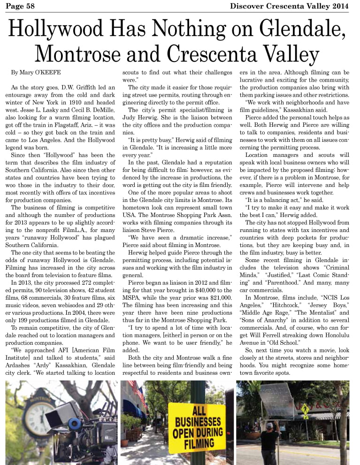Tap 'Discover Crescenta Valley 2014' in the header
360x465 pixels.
click(289, 6)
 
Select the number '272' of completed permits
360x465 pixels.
click(76, 271)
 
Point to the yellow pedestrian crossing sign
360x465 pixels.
click(305, 409)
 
